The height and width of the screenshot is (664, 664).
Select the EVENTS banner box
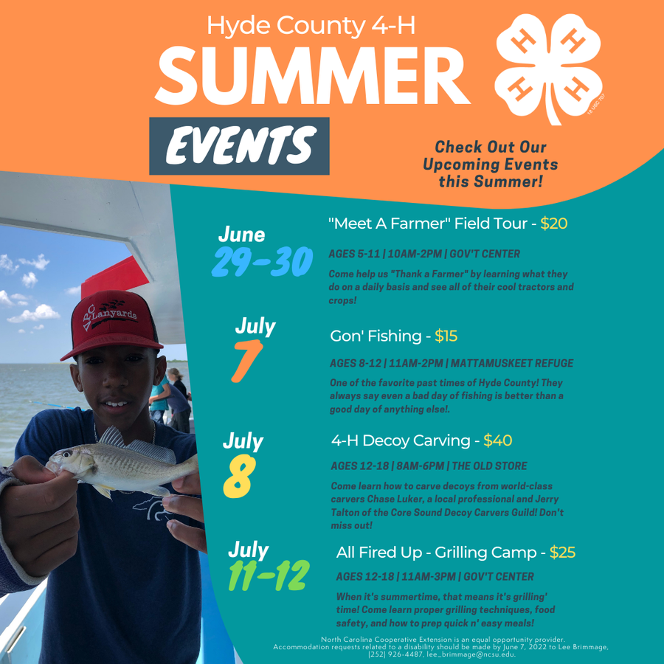coord(239,145)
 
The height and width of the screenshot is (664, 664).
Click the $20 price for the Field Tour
coord(553,224)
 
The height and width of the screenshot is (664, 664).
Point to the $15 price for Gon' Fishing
coord(446,336)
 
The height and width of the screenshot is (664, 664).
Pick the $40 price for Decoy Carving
coord(497,441)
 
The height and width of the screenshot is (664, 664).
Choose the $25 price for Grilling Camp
coord(562,552)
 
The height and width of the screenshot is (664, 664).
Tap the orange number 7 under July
coord(246,361)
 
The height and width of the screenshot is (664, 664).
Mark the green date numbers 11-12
coord(267,576)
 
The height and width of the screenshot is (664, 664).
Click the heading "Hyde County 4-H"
coord(311,26)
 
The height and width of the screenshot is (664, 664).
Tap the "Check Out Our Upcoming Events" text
coord(490,164)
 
